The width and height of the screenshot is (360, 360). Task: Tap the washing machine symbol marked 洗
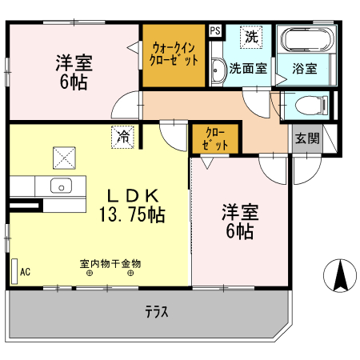tap(252, 37)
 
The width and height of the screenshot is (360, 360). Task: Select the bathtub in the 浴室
tap(303, 43)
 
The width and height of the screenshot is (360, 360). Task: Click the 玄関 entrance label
tap(306, 138)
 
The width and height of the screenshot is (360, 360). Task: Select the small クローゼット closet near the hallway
tap(214, 139)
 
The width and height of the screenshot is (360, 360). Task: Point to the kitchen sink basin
tap(62, 186)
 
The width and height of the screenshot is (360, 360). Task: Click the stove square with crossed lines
tap(64, 157)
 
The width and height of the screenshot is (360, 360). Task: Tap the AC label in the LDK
tap(25, 271)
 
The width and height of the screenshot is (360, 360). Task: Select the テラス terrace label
tap(156, 311)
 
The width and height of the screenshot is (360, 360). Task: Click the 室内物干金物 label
tap(110, 262)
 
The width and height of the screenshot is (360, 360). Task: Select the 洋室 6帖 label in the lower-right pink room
tap(238, 222)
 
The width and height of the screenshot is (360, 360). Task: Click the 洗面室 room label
tap(248, 69)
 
